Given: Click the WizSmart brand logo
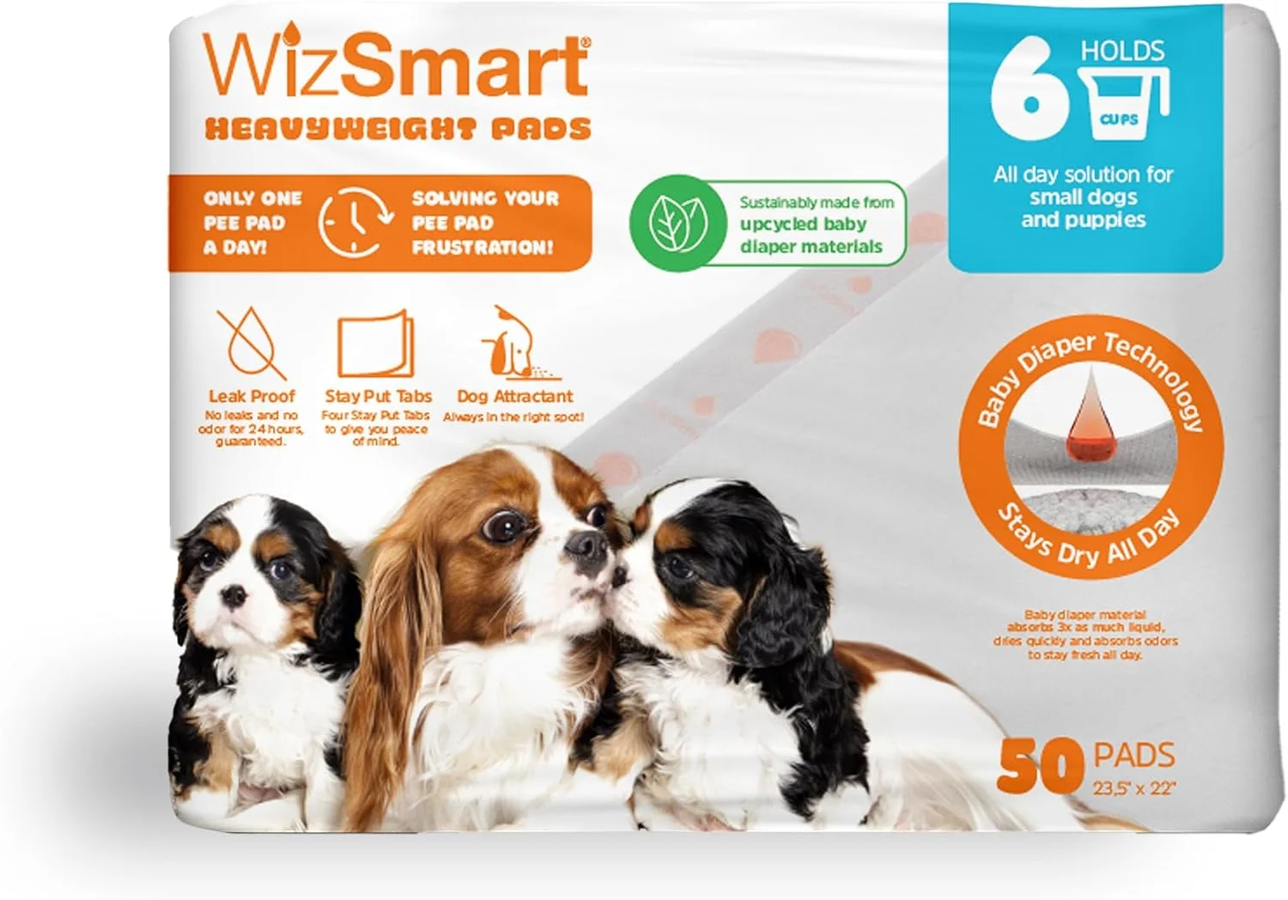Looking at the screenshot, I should [396, 67].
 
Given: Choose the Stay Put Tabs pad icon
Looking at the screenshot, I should [377, 345].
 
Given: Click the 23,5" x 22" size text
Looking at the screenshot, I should [1134, 787].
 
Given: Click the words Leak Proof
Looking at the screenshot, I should [252, 396].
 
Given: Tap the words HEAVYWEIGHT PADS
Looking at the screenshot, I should [398, 130].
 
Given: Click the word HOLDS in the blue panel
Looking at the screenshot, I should [1122, 51].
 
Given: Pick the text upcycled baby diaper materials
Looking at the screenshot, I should [811, 234].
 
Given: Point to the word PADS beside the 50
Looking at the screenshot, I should [1134, 756].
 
